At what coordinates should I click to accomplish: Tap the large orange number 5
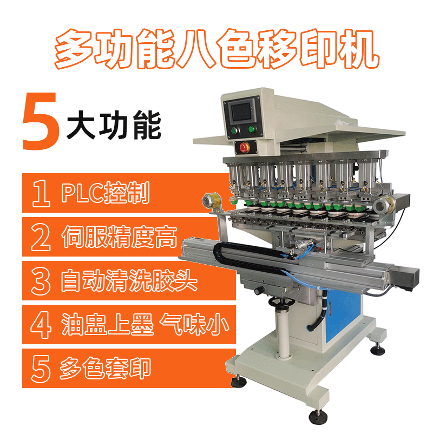click(40, 121)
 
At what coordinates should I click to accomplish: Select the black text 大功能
click(114, 125)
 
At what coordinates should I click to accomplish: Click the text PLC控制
click(106, 193)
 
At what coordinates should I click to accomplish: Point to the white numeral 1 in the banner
click(41, 193)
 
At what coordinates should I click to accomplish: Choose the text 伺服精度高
click(119, 237)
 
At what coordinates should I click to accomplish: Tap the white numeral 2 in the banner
click(41, 237)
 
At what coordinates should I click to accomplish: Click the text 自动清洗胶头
click(129, 280)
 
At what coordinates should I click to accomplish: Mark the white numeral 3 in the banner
click(41, 281)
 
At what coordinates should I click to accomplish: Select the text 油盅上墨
click(107, 324)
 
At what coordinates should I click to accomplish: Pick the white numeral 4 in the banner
click(41, 325)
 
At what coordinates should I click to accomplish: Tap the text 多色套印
click(105, 368)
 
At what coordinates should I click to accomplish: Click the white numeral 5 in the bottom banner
click(41, 369)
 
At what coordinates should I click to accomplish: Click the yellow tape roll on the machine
click(212, 201)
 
